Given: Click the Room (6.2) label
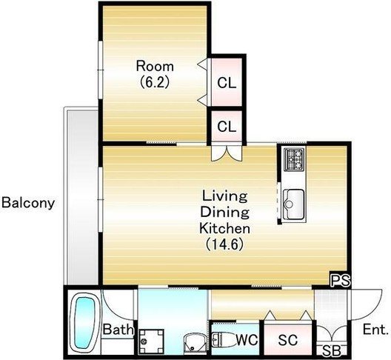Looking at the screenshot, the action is (x=155, y=74).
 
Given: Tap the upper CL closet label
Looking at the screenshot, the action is (x=227, y=82).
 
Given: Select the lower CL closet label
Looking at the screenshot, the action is (x=227, y=127).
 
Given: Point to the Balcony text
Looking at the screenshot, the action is (x=28, y=203).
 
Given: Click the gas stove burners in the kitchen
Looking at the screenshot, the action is (x=295, y=159).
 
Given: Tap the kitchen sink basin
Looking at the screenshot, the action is (x=294, y=204).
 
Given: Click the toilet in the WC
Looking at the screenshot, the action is (x=222, y=340).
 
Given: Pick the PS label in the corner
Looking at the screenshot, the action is (x=341, y=280).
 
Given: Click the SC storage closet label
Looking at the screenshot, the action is (x=288, y=340).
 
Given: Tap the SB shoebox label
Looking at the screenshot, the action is (x=332, y=350).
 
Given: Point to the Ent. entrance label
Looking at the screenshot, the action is (x=375, y=330).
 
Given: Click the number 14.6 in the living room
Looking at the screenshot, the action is (x=224, y=244).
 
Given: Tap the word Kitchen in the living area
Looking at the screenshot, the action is (x=224, y=228).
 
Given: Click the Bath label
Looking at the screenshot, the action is (x=118, y=330).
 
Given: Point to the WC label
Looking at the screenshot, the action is (x=247, y=340).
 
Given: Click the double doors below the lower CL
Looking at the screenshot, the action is (x=227, y=153).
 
